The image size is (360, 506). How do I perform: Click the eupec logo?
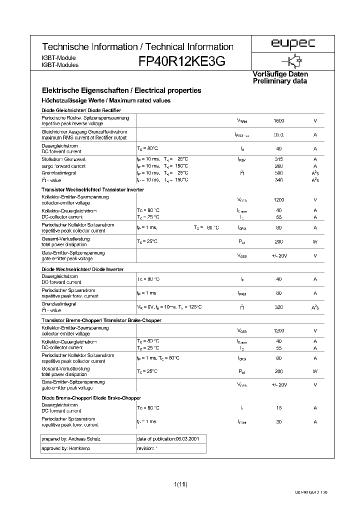click(293, 44)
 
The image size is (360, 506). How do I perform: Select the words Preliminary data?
click(279, 81)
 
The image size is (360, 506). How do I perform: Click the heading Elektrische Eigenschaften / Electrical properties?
click(121, 90)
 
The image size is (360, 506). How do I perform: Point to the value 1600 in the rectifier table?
click(279, 121)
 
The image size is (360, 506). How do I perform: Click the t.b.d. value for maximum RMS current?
click(279, 135)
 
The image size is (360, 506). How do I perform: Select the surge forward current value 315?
click(279, 158)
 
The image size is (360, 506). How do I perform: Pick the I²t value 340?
click(279, 180)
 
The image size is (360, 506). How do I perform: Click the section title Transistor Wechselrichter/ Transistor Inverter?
click(93, 189)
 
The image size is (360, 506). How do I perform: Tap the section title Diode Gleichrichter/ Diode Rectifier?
click(81, 110)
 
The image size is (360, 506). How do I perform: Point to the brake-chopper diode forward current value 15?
click(279, 407)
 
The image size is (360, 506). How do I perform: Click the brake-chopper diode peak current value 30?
click(279, 421)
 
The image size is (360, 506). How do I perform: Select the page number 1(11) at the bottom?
click(180, 484)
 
